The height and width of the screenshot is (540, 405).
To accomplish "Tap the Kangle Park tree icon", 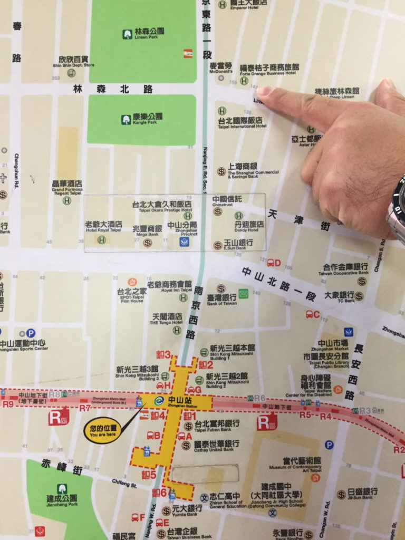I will (126, 120).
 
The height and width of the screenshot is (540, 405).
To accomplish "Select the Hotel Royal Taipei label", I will (103, 227).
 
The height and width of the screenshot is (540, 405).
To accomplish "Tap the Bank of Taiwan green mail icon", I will (243, 293).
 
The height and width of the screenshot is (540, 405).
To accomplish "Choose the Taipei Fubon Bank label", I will (217, 425).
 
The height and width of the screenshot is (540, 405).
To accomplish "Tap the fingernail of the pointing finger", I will (264, 91).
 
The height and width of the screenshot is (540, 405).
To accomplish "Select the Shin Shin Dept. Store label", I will (73, 61).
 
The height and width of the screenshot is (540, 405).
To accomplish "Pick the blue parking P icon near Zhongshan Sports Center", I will (31, 333).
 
